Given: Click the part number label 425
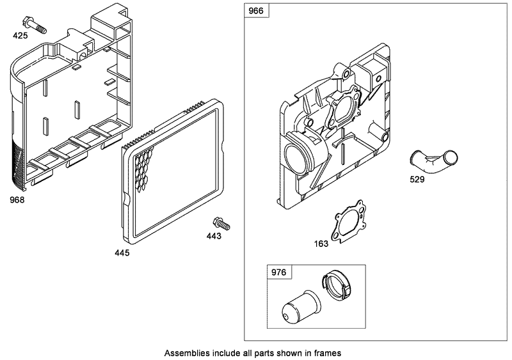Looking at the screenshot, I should click(x=20, y=36).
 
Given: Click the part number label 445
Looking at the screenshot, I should click(x=122, y=253).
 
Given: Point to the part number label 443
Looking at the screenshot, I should click(x=214, y=236).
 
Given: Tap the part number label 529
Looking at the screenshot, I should click(x=417, y=179).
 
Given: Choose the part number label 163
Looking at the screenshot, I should click(x=321, y=243).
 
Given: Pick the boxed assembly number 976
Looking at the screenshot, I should click(x=278, y=271).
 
